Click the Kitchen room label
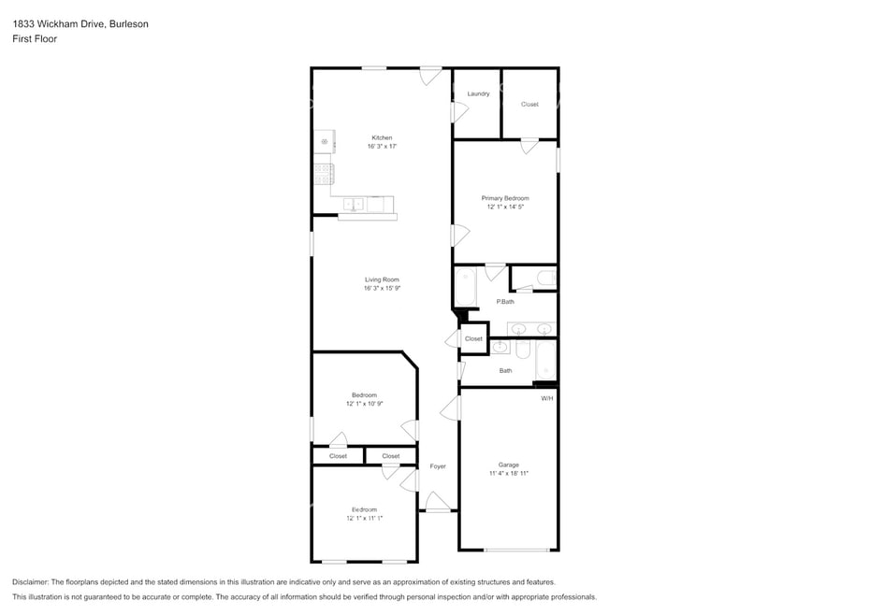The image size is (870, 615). coord(382,137)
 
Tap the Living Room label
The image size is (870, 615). coord(382,279)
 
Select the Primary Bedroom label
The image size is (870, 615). coord(505,198)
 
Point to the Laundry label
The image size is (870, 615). coord(478,93)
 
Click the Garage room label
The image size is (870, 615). coord(508,465)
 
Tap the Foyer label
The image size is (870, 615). coord(438,466)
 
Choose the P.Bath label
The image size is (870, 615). coord(505,302)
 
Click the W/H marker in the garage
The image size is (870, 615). coord(547,398)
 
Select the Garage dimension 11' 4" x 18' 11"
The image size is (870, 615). coord(508,474)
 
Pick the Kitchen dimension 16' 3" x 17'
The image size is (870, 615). coord(382,147)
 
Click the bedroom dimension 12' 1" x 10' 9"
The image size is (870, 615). coord(365,404)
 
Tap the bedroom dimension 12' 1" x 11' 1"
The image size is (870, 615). coord(365,518)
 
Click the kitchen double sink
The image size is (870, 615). coord(353,205)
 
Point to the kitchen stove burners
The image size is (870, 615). coord(323,174)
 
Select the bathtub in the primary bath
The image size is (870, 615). coord(465,287)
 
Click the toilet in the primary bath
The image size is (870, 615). coord(546,278)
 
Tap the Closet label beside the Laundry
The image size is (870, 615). coord(529,105)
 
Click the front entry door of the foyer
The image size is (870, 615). coord(438,502)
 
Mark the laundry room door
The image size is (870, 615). coord(459,112)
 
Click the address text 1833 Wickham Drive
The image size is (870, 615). coord(59,24)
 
